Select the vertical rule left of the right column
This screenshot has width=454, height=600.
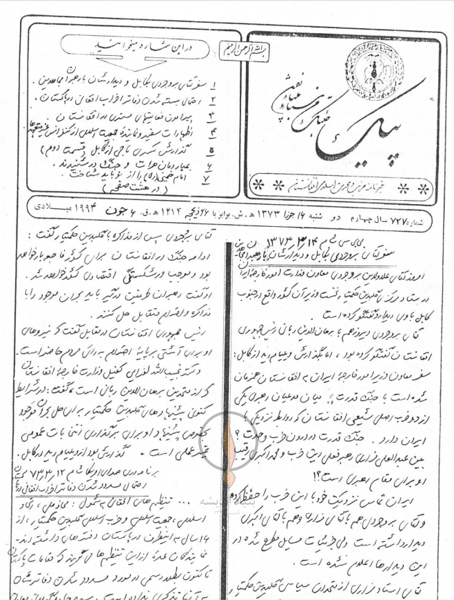click(224, 414)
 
